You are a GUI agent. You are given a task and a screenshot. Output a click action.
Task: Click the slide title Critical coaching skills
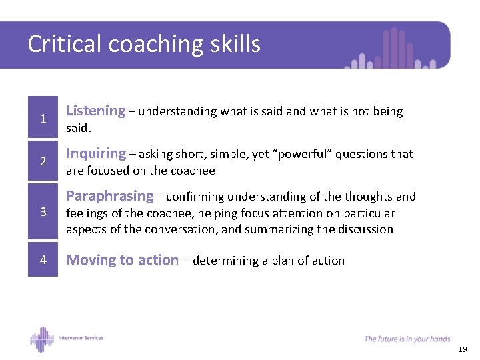(144, 45)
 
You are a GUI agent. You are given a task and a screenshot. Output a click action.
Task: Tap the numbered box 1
(43, 119)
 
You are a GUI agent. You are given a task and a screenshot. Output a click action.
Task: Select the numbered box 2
(43, 162)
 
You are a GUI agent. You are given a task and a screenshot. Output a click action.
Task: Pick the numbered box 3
(43, 212)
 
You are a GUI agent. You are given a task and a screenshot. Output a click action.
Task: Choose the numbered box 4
(43, 260)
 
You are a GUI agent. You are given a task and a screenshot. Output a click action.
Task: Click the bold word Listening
(96, 111)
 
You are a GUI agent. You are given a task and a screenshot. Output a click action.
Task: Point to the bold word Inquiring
(97, 154)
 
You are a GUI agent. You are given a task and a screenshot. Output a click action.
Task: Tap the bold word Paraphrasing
(110, 197)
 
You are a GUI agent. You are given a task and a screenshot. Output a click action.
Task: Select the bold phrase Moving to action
(123, 261)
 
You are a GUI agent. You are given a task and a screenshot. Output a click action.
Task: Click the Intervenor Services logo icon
(41, 339)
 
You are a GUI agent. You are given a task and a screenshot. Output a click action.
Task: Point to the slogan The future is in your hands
(407, 339)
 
